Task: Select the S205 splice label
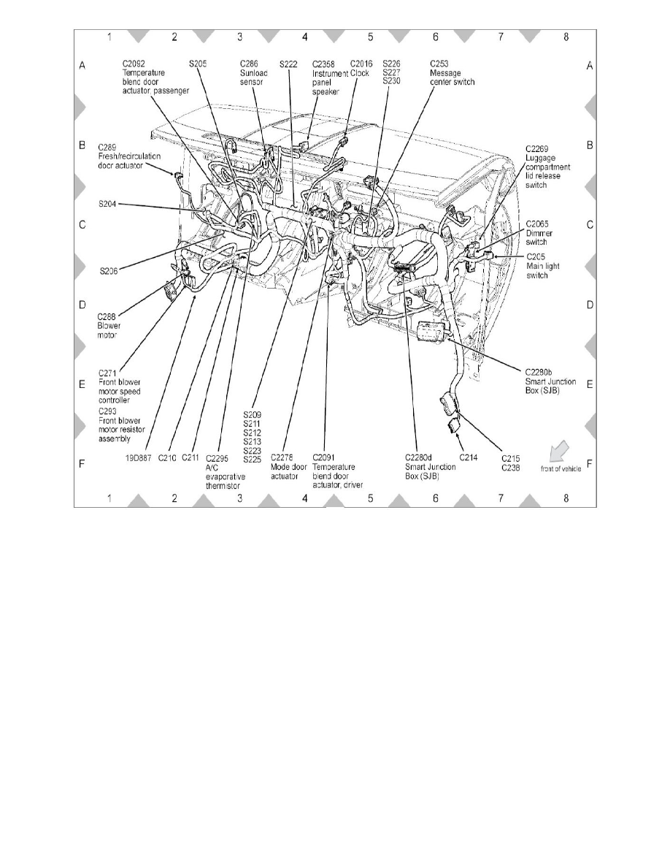pyautogui.click(x=197, y=64)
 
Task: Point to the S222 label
pyautogui.click(x=288, y=64)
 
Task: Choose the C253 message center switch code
pyautogui.click(x=439, y=64)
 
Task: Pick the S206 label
pyautogui.click(x=109, y=270)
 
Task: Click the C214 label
pyautogui.click(x=468, y=458)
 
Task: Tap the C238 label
pyautogui.click(x=510, y=468)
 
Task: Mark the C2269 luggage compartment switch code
pyautogui.click(x=538, y=148)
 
